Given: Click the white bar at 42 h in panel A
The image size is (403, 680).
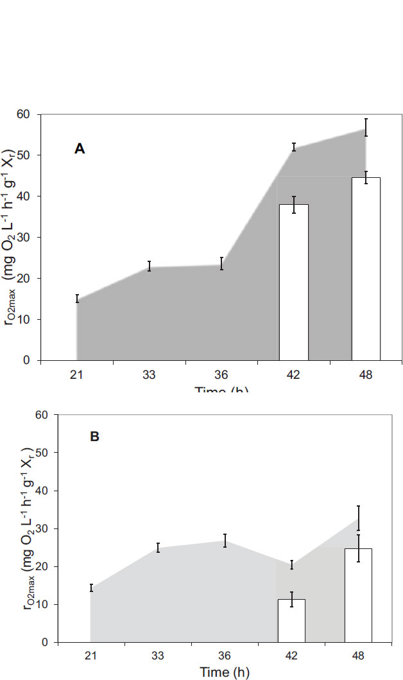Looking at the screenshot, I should click(293, 283).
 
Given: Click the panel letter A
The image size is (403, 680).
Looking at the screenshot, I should click(80, 149).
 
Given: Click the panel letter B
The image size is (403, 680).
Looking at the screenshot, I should click(94, 437).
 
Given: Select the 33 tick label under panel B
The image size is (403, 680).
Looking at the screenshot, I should click(157, 657).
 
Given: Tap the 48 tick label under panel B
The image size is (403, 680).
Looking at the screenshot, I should click(358, 657).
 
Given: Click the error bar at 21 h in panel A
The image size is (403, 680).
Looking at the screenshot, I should click(77, 298).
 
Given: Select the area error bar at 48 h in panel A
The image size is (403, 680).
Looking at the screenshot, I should click(366, 127).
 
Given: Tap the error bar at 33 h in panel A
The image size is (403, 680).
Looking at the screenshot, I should click(149, 266).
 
